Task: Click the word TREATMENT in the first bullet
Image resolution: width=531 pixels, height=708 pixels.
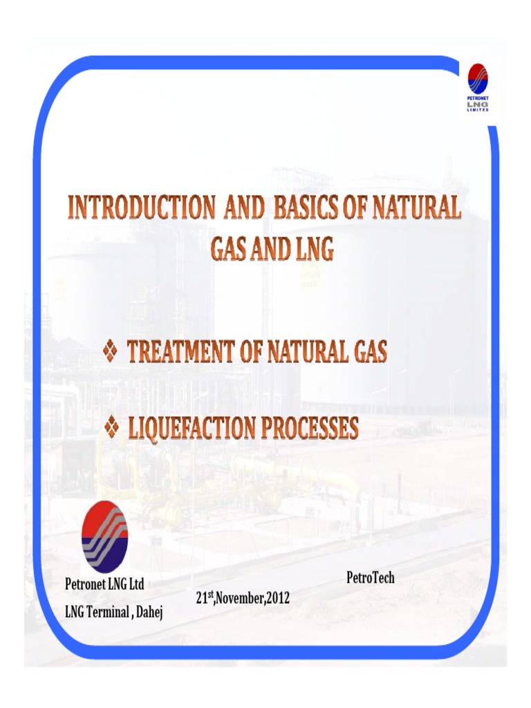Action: (x=180, y=353)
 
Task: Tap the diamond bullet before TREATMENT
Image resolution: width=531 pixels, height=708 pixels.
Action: (x=111, y=353)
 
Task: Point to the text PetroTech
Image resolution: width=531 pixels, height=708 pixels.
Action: (x=370, y=577)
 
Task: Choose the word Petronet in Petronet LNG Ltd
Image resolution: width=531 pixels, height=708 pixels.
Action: (x=86, y=584)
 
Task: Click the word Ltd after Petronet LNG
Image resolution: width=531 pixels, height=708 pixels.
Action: (x=136, y=584)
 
